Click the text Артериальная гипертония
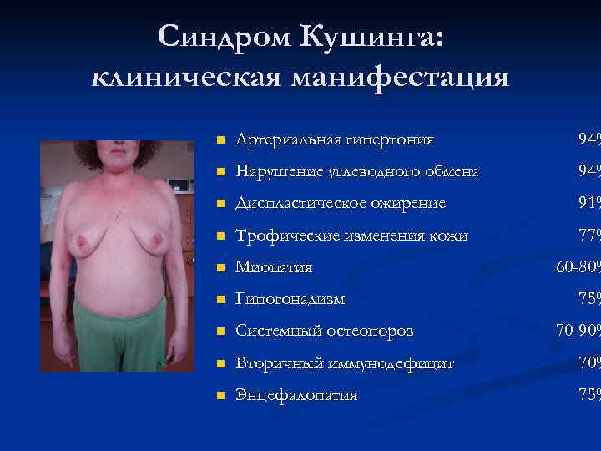click(x=335, y=139)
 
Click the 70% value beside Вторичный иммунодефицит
click(x=588, y=363)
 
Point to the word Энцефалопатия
click(x=296, y=395)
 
